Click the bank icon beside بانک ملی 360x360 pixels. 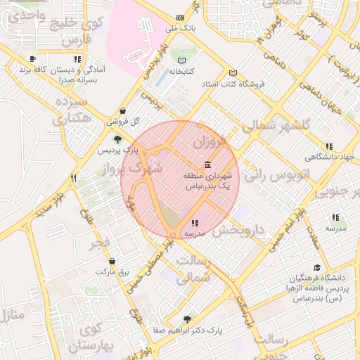pos(181,17)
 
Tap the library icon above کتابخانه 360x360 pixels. pos(182,60)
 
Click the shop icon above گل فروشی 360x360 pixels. pos(123,110)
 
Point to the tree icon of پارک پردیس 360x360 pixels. pos(118,139)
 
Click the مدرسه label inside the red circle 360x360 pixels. pos(193,232)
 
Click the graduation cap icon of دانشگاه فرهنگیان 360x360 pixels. pos(317,267)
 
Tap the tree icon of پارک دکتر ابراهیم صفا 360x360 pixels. pos(186,318)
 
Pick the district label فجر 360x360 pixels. pos(100,244)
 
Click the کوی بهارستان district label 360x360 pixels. pos(90,337)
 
